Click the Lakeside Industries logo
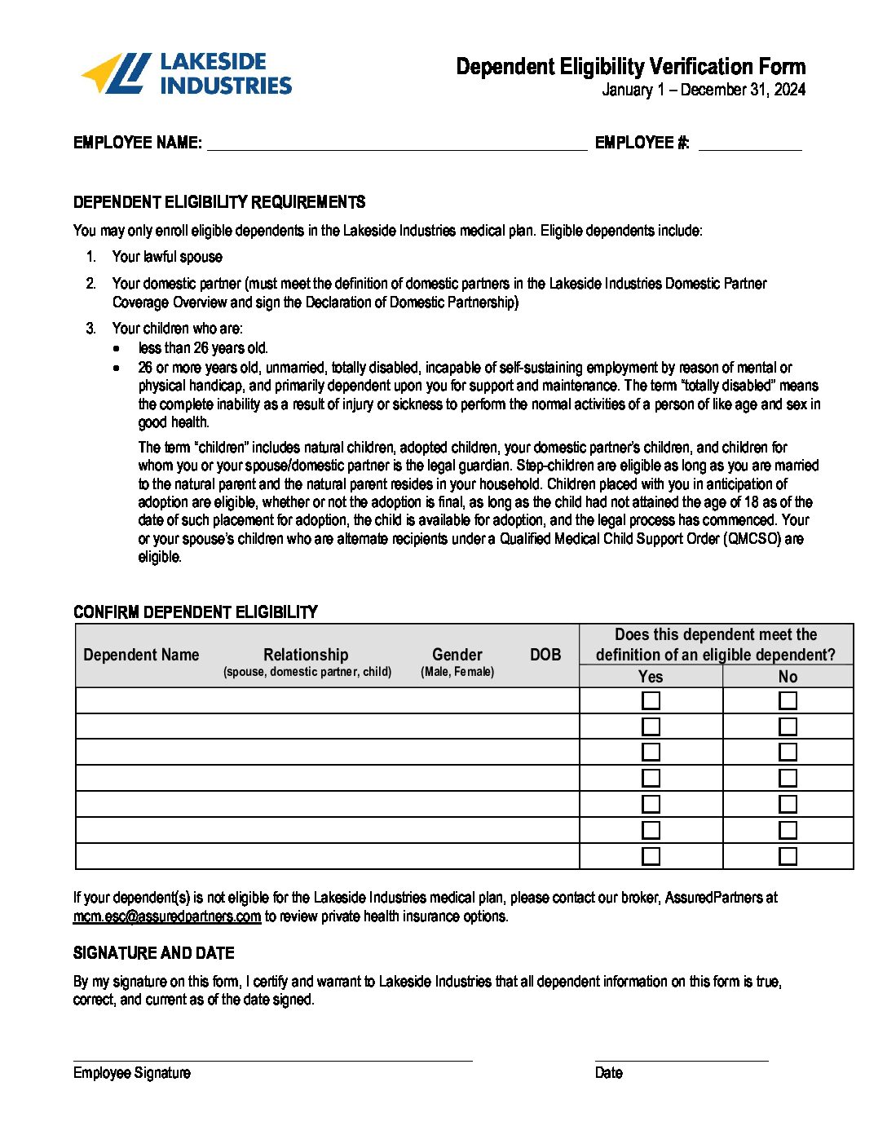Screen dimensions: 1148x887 (x=186, y=73)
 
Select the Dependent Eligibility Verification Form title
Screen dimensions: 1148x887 (x=630, y=67)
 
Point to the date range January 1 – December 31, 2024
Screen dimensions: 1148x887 (x=704, y=90)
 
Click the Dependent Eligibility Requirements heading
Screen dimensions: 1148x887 (x=219, y=202)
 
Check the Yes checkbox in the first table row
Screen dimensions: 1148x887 (x=651, y=700)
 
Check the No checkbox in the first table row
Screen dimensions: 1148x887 (x=788, y=700)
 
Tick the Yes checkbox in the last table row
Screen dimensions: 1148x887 (x=651, y=856)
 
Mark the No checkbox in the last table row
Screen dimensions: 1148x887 (x=788, y=856)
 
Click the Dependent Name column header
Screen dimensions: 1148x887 (x=141, y=655)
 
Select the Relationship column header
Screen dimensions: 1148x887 (x=306, y=655)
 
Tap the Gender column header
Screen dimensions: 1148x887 (x=457, y=655)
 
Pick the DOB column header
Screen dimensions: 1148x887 (x=545, y=655)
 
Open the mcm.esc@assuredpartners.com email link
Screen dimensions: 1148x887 (x=167, y=916)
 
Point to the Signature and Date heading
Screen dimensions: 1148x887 (x=154, y=953)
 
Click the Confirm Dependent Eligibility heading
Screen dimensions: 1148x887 (x=196, y=612)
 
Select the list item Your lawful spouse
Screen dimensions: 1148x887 (x=167, y=257)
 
